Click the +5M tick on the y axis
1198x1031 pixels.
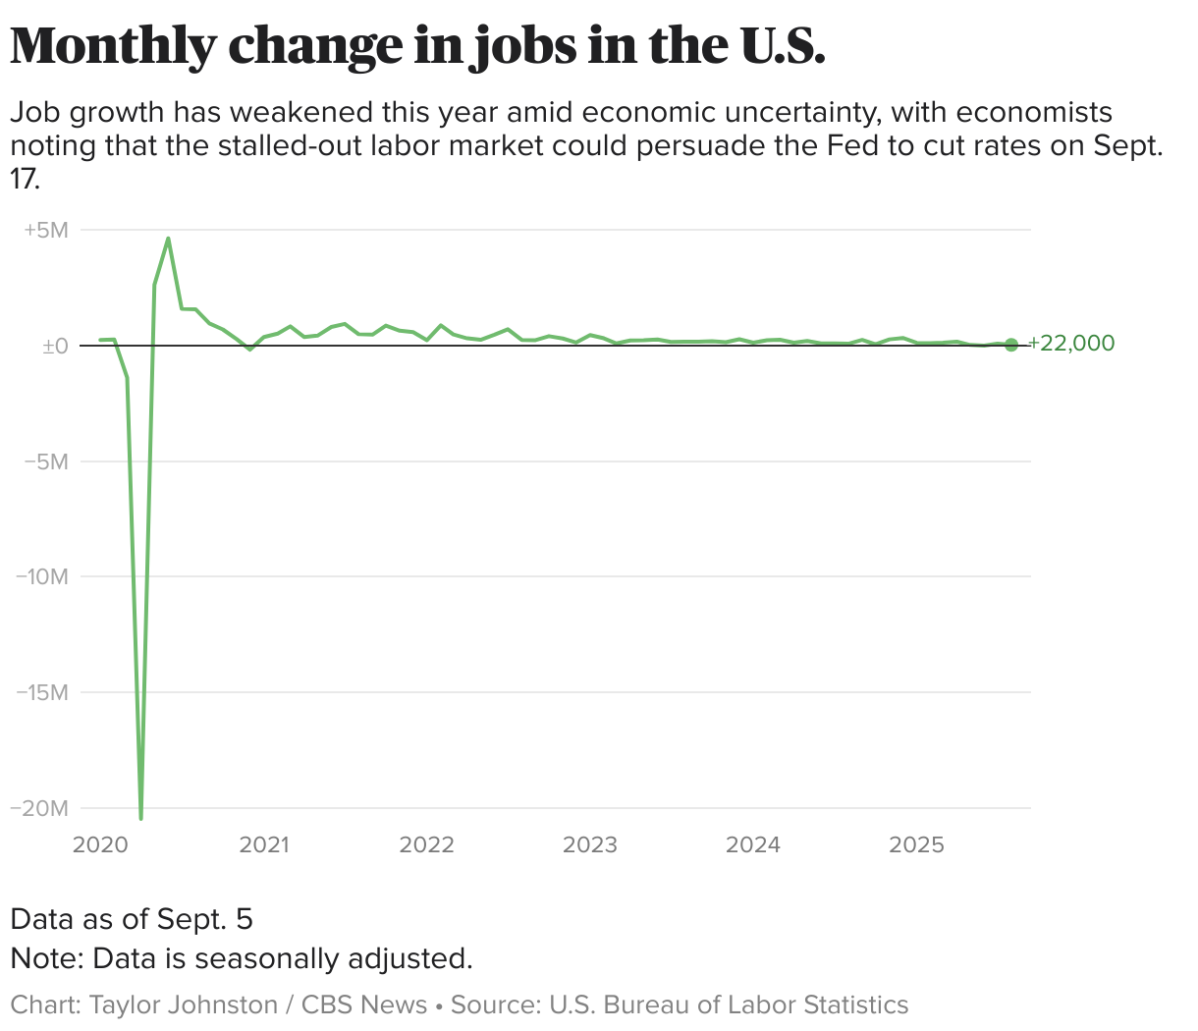point(46,230)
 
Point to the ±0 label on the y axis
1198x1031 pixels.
point(54,346)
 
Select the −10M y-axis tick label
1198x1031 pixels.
point(41,576)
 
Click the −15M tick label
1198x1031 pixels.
point(41,692)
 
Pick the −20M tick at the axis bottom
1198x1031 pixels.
point(39,807)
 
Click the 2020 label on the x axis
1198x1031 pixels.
point(100,844)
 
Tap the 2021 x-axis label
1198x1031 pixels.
point(263,844)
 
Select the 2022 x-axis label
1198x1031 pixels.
point(426,844)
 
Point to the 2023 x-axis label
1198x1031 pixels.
point(589,844)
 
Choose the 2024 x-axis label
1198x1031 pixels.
point(752,844)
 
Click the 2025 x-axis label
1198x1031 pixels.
point(915,844)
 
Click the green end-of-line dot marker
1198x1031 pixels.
point(1011,345)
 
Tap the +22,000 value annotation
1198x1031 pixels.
point(1070,344)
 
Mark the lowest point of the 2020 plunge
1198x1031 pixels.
point(141,817)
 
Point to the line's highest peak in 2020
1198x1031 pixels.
point(168,239)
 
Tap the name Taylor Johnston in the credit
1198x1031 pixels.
point(184,1005)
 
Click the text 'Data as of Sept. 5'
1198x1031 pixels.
point(132,919)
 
